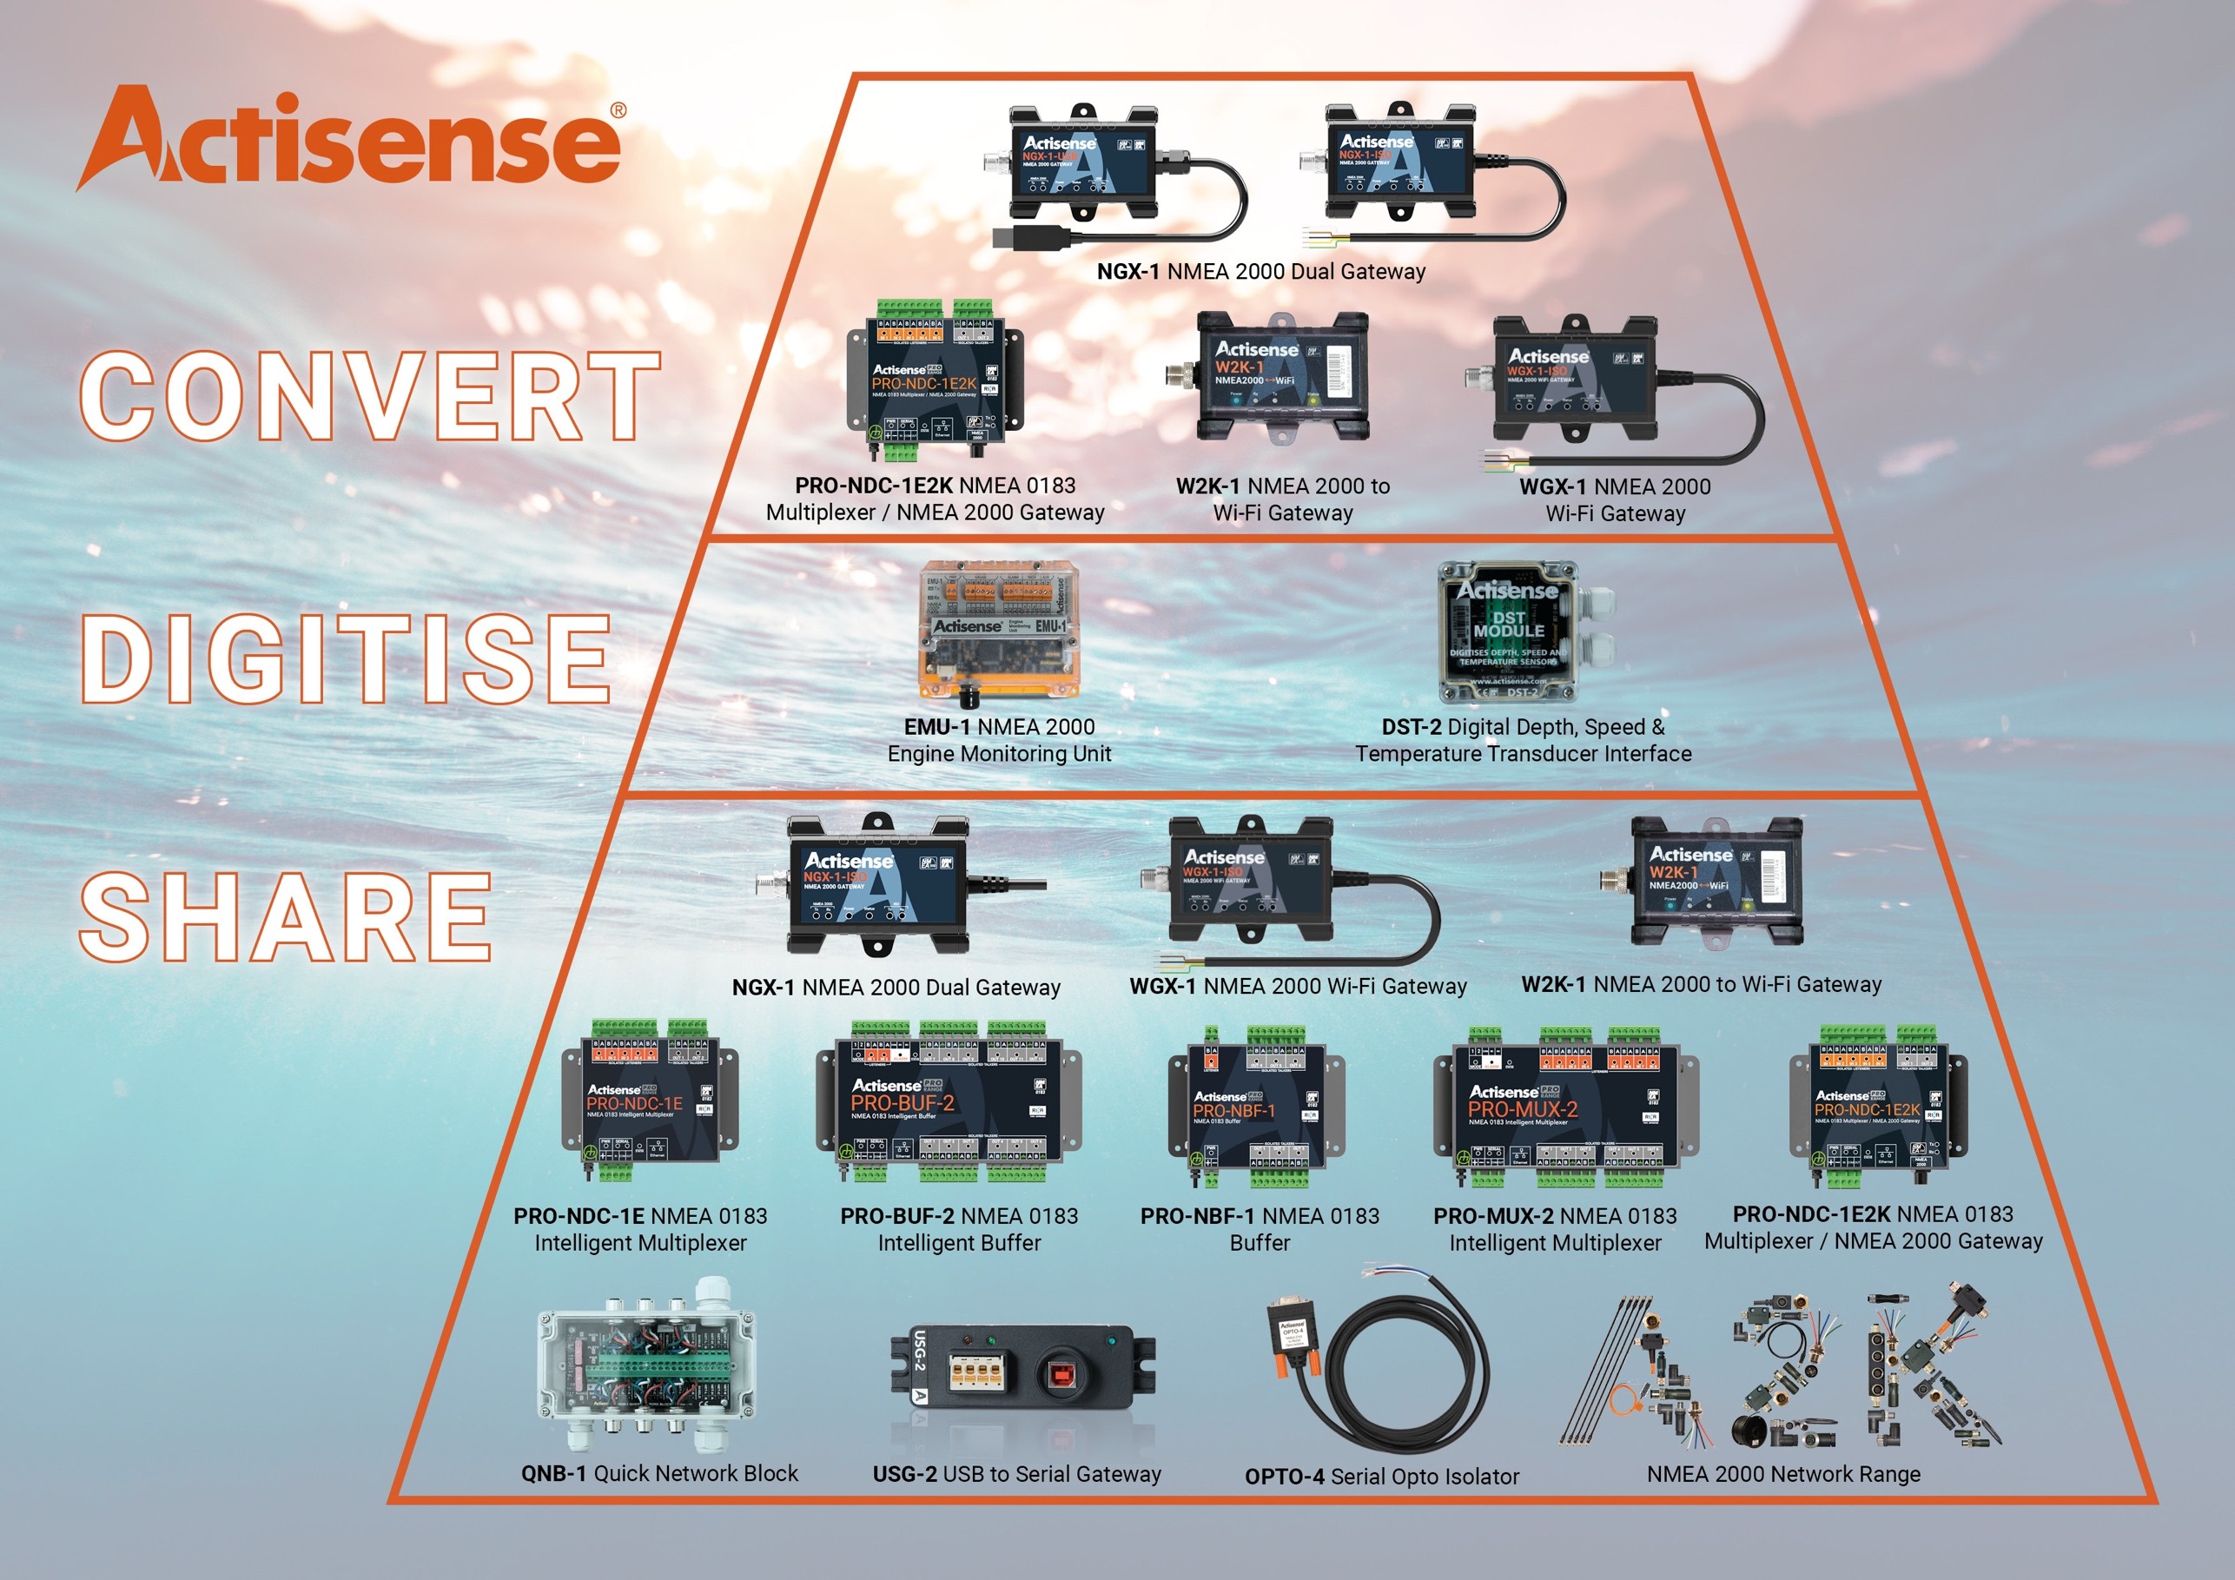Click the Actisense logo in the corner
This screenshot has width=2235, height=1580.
(x=350, y=138)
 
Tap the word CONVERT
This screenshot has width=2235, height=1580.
(x=370, y=397)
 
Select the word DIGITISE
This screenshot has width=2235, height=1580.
(x=346, y=659)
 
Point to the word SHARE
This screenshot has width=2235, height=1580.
(x=285, y=917)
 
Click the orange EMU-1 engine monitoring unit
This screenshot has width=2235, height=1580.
(x=999, y=631)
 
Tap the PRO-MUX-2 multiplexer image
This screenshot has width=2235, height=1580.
(x=1564, y=1105)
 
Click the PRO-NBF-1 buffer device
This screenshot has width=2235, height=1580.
(x=1257, y=1107)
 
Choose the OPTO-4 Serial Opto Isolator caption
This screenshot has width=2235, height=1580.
(x=1381, y=1476)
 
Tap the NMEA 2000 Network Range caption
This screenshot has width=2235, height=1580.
(x=1783, y=1474)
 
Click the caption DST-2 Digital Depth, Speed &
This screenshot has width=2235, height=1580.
(x=1523, y=727)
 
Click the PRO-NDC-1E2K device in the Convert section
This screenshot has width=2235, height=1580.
(x=936, y=382)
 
